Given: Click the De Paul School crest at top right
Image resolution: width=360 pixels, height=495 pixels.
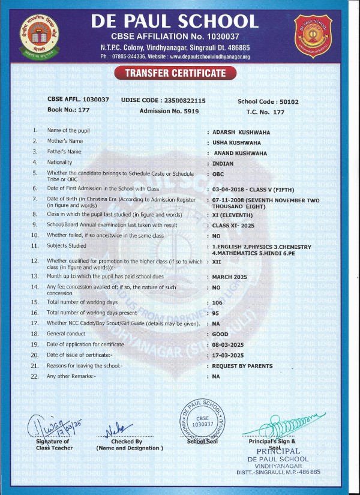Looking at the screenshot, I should point(314,34).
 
